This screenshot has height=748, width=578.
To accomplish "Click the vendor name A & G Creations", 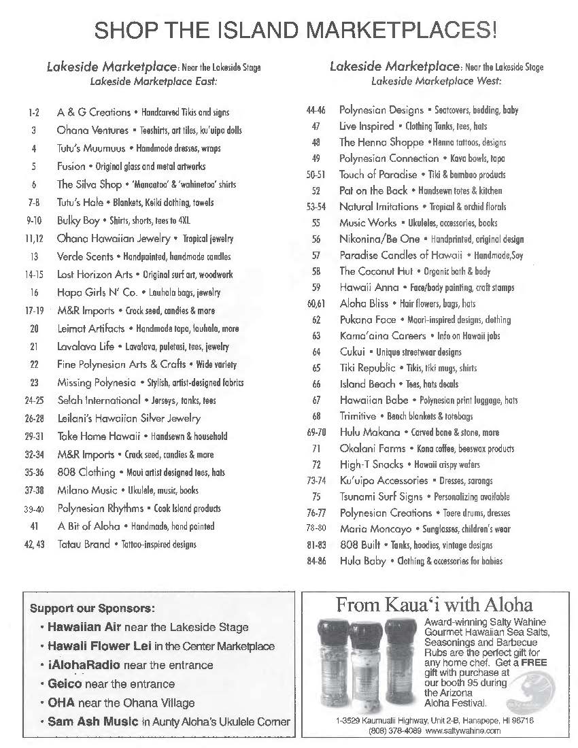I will (x=94, y=112).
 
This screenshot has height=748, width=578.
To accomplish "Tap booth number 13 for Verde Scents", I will (x=34, y=256).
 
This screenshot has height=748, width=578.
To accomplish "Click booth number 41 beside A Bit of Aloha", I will (x=34, y=526).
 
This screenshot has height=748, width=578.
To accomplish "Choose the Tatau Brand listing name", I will (x=84, y=544).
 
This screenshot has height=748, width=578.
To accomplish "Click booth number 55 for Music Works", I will (x=316, y=222).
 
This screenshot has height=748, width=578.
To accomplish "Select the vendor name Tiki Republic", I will (x=367, y=368).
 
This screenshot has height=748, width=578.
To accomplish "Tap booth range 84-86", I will (x=316, y=561).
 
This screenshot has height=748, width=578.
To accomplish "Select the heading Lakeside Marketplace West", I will (x=436, y=81).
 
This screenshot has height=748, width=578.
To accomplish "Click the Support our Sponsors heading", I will (x=92, y=607).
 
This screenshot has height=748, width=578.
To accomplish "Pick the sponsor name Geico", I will (x=64, y=683).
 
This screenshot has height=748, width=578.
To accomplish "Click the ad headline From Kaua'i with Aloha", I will (x=435, y=605).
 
